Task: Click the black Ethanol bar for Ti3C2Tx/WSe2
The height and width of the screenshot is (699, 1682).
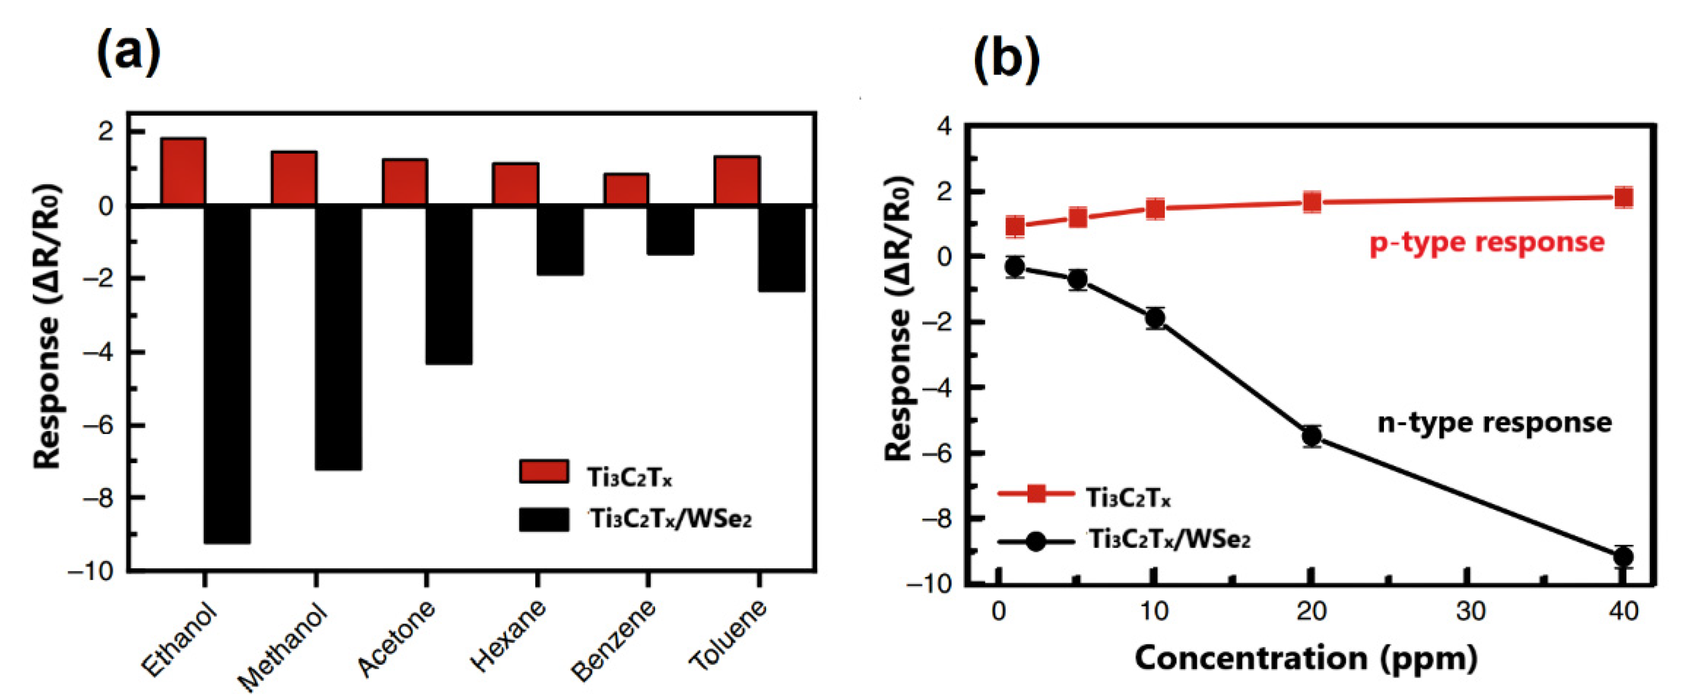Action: (227, 374)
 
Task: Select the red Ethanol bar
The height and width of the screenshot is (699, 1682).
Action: (183, 171)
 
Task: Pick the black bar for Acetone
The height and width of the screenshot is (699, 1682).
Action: (449, 285)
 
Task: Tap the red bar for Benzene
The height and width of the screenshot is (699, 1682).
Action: (626, 189)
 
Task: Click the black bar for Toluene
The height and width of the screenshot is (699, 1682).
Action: (782, 249)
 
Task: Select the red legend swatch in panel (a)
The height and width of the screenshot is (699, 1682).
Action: (544, 471)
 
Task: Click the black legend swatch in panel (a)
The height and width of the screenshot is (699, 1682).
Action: (544, 520)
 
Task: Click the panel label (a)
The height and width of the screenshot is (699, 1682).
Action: (128, 52)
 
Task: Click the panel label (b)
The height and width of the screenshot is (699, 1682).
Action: (1006, 59)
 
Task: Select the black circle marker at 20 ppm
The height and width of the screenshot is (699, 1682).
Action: (1312, 436)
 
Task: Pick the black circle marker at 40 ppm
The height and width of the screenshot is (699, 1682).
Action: (1623, 557)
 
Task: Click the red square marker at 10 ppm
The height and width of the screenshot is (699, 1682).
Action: (1155, 209)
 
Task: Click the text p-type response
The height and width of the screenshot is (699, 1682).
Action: (1487, 242)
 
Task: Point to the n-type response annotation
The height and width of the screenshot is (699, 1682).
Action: (1494, 422)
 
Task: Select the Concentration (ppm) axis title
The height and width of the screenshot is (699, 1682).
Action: (1306, 658)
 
